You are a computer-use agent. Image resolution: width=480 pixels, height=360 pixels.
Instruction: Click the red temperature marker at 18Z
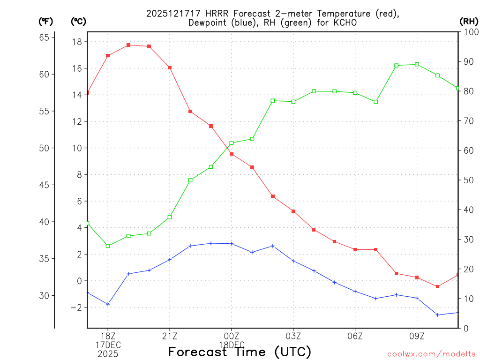[x=108, y=56]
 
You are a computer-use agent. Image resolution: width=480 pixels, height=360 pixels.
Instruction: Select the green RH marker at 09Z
[x=417, y=64]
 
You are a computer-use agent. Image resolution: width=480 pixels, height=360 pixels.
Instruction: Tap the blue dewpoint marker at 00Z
[x=232, y=244]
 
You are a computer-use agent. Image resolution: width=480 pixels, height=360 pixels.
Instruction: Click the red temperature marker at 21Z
[x=170, y=67]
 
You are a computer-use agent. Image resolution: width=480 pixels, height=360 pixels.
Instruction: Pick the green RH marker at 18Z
[x=108, y=246]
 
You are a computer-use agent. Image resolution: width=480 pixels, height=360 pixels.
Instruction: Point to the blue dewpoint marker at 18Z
[x=108, y=304]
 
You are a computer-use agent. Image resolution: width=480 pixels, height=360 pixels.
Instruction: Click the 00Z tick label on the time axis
[x=232, y=336]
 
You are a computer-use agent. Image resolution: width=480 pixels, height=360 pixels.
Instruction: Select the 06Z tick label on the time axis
[x=355, y=336]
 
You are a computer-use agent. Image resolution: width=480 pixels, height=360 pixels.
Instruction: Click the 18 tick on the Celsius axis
[x=77, y=42]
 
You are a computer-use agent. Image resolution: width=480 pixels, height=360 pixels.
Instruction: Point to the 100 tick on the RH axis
[x=470, y=32]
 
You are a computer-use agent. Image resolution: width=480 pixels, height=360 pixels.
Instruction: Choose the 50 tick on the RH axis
[x=468, y=180]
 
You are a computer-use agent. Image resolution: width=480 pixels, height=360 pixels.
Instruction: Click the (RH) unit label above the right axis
[x=469, y=21]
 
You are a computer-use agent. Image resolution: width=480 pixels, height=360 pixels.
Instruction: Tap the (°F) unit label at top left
[x=46, y=21]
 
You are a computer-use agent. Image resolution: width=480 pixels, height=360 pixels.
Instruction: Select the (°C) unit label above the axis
[x=78, y=21]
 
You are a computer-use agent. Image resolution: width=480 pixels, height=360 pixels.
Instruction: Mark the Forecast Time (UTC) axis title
[x=240, y=352]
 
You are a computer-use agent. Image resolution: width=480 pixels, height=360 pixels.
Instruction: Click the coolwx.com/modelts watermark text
[x=431, y=354]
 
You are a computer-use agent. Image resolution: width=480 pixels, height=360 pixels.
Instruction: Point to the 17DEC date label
[x=108, y=345]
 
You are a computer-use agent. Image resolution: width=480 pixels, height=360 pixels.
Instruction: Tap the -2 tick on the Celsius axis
[x=75, y=307]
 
